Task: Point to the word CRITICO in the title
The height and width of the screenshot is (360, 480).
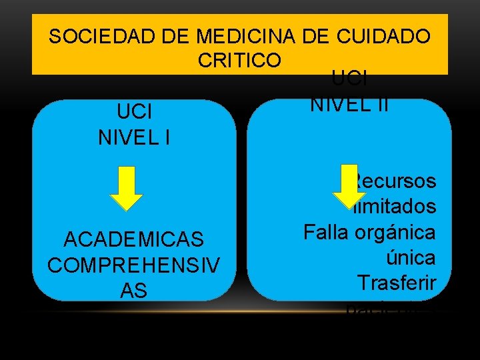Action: (x=239, y=59)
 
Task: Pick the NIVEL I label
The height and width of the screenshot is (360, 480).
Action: (x=134, y=139)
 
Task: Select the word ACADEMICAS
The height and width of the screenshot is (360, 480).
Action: (x=134, y=239)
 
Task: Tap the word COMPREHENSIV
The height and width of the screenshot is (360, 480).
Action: (x=134, y=264)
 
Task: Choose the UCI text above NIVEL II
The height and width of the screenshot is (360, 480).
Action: (x=349, y=80)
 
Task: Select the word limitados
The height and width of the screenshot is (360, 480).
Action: (x=397, y=207)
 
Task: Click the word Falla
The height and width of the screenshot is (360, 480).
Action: (x=327, y=232)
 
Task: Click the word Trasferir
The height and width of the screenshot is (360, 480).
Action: (x=396, y=283)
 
